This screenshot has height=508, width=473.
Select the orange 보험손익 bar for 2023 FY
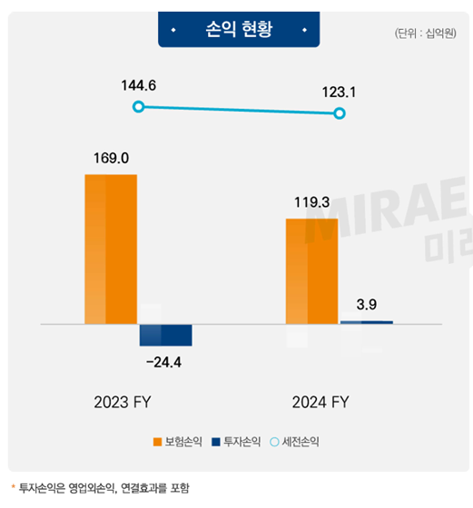111,249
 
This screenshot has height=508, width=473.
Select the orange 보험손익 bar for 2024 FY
311,270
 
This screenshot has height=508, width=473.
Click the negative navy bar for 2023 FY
165,334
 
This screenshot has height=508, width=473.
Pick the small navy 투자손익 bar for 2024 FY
366,322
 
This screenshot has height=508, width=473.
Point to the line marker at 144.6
138,107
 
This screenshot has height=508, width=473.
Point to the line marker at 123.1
340,113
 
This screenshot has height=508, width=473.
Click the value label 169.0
111,158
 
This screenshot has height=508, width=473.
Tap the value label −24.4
165,363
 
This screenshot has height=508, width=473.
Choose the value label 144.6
138,85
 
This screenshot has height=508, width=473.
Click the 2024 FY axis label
320,402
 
